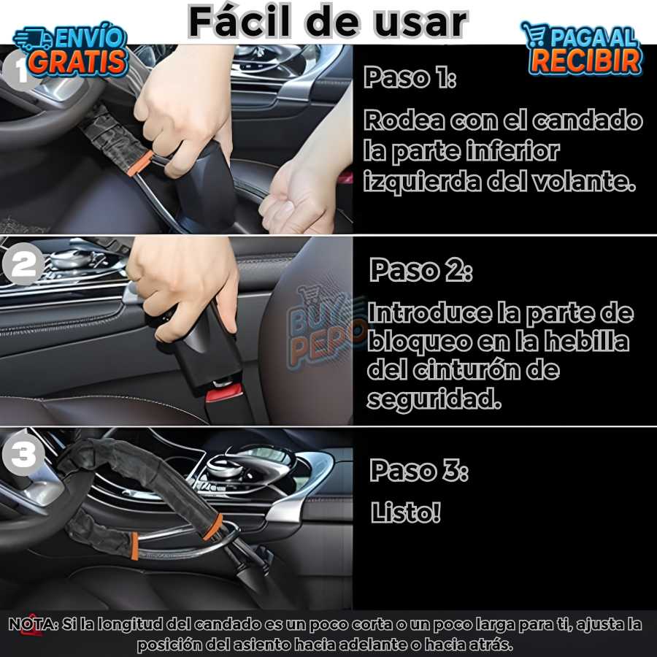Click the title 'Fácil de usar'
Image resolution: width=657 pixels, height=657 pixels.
pos(328,22)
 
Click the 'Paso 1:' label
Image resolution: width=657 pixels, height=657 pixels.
pos(410,77)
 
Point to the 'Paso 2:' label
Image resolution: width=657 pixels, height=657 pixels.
pos(420,270)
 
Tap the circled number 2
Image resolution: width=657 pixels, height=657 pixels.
pos(24,264)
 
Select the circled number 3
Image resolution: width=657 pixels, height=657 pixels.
pos(23,455)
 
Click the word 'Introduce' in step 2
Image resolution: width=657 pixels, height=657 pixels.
pos(429,314)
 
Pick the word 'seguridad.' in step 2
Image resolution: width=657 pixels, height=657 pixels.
pos(434,399)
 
